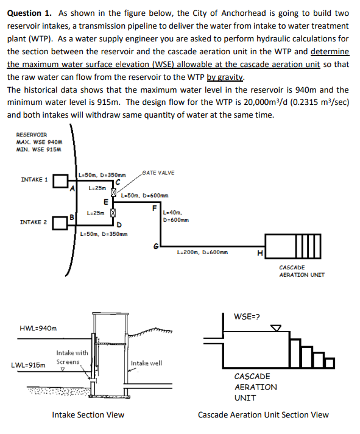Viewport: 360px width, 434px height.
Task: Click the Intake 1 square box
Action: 60,181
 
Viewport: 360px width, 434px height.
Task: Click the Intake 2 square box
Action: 60,223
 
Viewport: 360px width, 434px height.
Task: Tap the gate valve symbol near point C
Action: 113,192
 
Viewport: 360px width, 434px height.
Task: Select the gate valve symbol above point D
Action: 113,213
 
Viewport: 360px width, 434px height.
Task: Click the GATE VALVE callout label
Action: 158,173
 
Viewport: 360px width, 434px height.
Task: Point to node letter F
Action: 154,208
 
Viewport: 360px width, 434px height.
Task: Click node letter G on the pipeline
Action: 156,246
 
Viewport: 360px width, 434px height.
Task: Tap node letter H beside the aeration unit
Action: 260,253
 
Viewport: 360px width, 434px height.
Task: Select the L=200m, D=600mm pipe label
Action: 202,252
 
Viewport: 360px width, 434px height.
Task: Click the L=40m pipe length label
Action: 172,213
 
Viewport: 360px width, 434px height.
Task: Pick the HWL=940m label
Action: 38,329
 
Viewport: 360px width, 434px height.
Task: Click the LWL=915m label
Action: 28,365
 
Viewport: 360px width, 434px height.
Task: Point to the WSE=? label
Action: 247,316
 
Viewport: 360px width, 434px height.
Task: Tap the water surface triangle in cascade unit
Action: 276,328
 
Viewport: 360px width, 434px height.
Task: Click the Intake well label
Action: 146,363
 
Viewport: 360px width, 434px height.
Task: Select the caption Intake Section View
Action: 88,414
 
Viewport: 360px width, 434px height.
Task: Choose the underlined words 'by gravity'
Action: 225,77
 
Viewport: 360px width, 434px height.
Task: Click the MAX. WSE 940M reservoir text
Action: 39,142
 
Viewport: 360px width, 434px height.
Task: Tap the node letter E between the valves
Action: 106,202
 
